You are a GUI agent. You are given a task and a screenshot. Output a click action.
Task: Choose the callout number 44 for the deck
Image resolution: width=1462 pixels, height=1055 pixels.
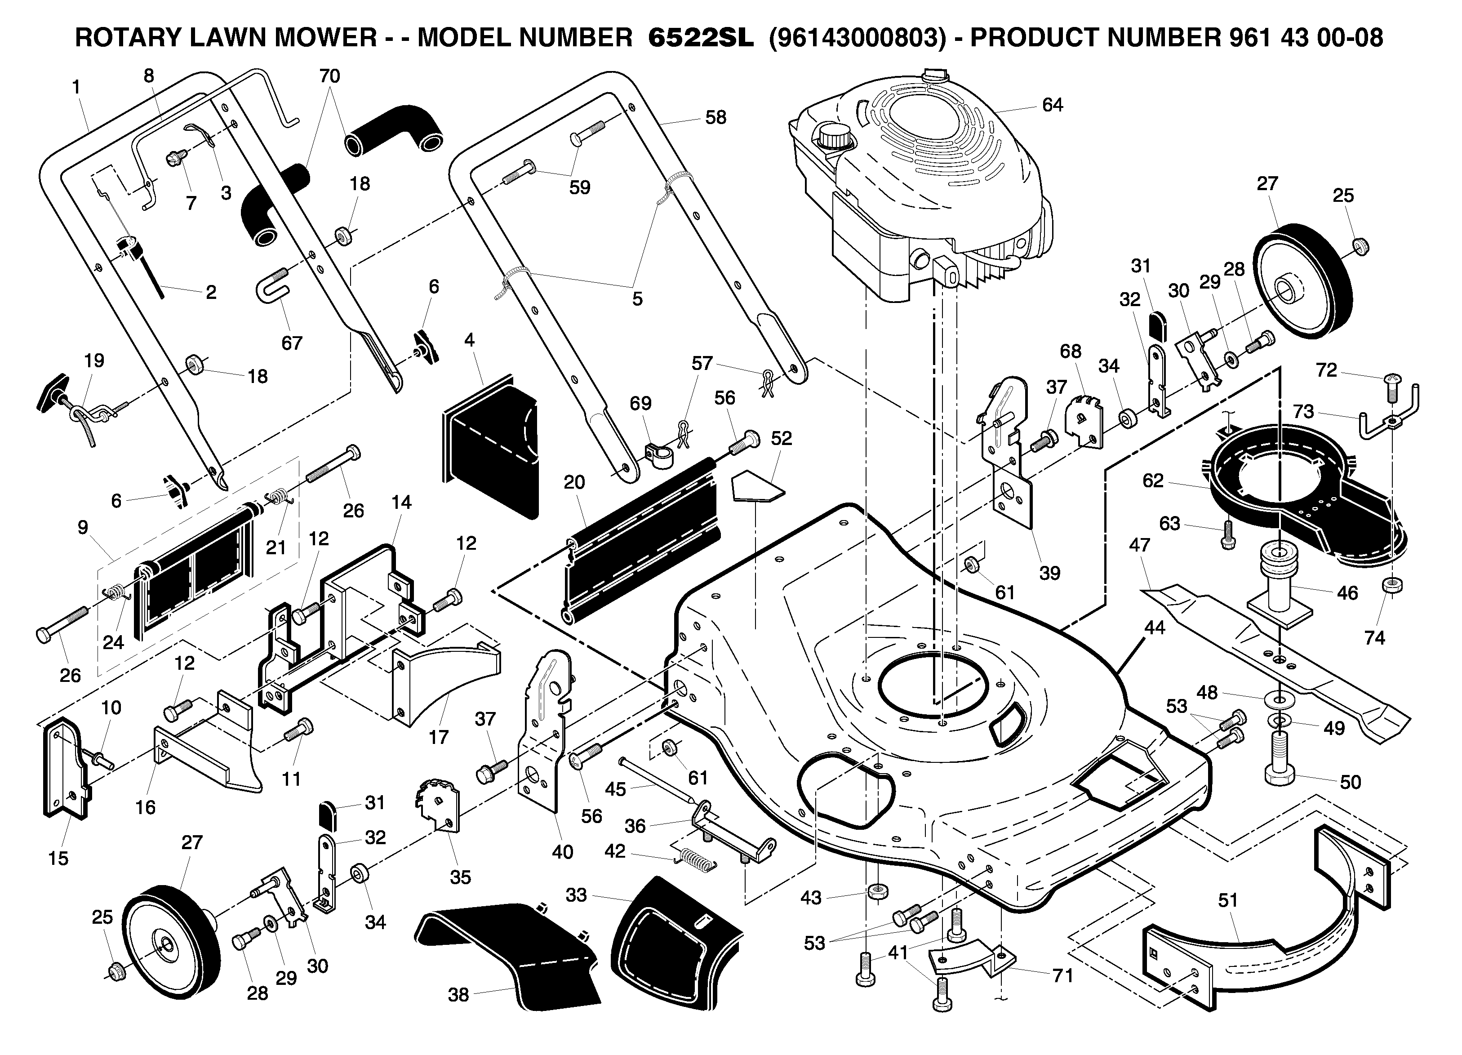point(1154,628)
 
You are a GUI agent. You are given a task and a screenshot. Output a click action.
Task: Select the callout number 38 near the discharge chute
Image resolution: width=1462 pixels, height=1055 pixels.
point(458,995)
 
